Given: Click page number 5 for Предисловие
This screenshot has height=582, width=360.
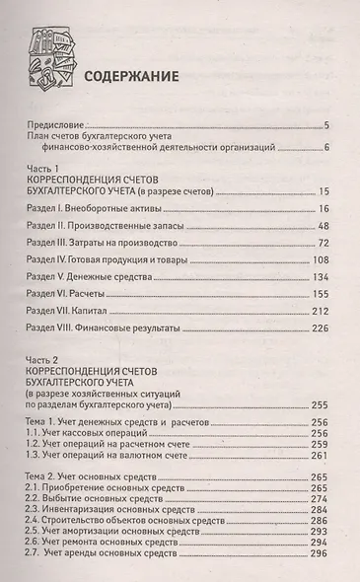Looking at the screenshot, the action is pos(325,125).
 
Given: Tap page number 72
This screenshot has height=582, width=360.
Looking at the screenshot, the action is pos(323,242).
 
